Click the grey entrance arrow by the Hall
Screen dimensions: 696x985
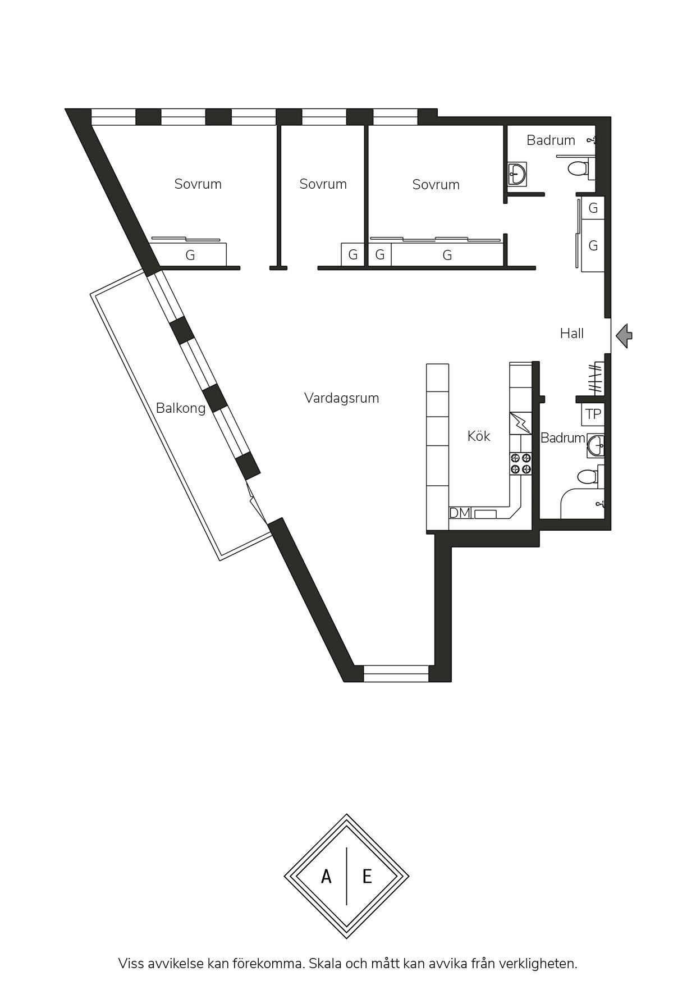pos(624,336)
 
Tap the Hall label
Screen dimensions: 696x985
pos(571,334)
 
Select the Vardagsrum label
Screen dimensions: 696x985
pos(341,398)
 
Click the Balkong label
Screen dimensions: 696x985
pos(181,408)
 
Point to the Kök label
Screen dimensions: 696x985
pos(479,436)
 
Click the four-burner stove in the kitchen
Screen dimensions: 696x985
pos(520,464)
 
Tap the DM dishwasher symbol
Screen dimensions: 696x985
pos(460,513)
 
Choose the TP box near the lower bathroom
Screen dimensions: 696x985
pos(593,414)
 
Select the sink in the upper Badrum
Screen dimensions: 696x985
pos(517,174)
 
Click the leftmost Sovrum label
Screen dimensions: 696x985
pos(198,184)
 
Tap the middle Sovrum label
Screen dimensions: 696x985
pos(323,184)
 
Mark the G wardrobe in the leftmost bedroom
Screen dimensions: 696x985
pos(190,255)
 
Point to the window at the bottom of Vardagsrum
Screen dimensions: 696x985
pos(396,673)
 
